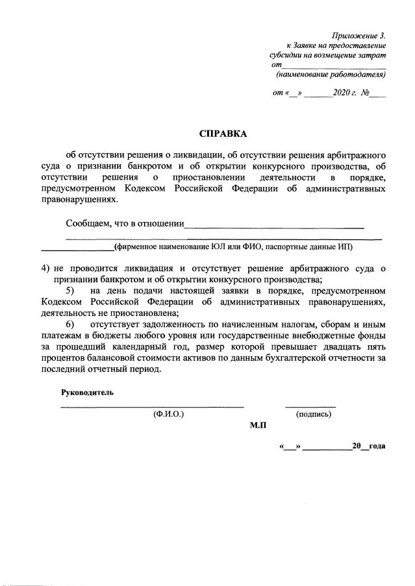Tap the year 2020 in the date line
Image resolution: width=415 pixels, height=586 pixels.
(x=341, y=93)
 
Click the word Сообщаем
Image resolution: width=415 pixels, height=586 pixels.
(x=87, y=225)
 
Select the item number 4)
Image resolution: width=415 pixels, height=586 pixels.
(x=45, y=268)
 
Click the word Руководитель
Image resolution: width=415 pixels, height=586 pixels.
(x=88, y=393)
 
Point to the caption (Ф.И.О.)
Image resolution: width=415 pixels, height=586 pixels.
(x=169, y=414)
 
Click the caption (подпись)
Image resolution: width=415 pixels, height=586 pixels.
(x=314, y=414)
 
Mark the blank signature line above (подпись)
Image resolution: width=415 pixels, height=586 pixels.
(x=310, y=406)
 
